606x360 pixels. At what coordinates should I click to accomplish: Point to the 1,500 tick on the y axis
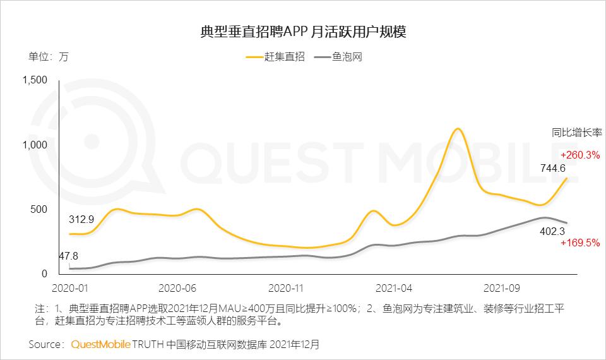pyautogui.click(x=35, y=80)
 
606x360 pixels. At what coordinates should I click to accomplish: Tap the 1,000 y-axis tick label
pyautogui.click(x=35, y=145)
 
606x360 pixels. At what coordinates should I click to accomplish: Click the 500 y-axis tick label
pyautogui.click(x=39, y=209)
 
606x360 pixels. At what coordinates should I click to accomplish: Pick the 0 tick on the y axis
pyautogui.click(x=44, y=273)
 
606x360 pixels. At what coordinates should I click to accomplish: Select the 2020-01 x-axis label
pyautogui.click(x=69, y=289)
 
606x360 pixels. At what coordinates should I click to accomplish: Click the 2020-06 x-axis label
pyautogui.click(x=178, y=289)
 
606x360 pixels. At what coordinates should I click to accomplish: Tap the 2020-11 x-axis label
pyautogui.click(x=287, y=289)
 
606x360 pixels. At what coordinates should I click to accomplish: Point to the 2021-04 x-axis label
pyautogui.click(x=394, y=289)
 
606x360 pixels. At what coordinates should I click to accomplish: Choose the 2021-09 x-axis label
pyautogui.click(x=502, y=289)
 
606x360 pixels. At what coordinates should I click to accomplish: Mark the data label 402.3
pyautogui.click(x=552, y=232)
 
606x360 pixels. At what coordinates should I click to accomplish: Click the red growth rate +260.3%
pyautogui.click(x=579, y=155)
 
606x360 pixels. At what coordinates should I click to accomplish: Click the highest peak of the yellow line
pyautogui.click(x=458, y=129)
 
